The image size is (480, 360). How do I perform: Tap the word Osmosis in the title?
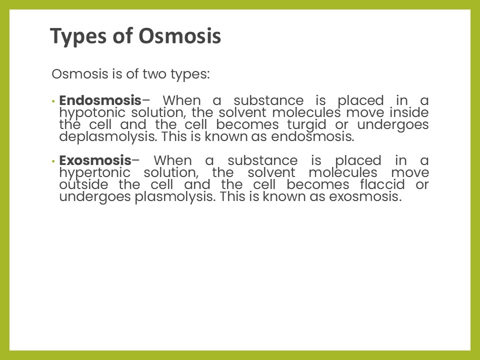(179, 36)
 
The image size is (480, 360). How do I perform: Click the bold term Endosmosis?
(100, 100)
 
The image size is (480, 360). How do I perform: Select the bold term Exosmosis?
(95, 160)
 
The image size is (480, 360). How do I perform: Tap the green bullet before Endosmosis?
(53, 101)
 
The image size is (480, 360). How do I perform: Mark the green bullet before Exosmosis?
(53, 161)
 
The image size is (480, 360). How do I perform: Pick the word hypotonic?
(92, 113)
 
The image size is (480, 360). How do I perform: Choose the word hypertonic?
(95, 173)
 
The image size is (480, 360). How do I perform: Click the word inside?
(409, 112)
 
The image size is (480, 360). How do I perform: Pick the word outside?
(83, 184)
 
